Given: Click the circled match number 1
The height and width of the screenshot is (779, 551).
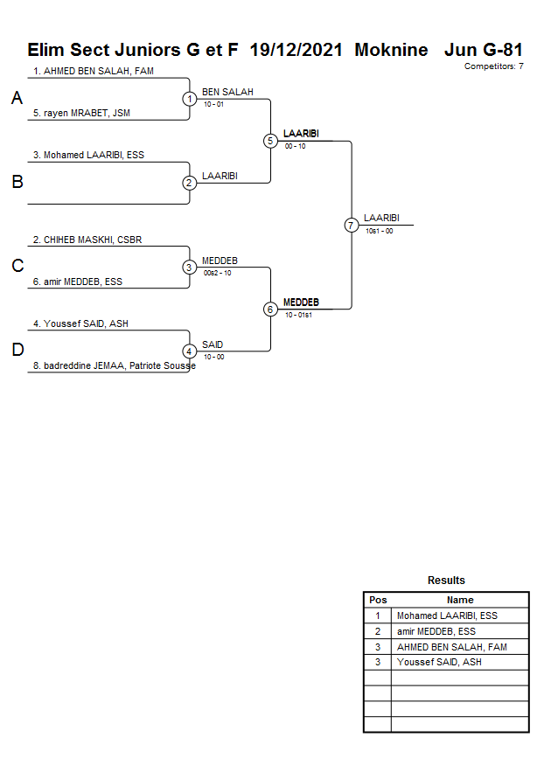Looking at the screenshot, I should (x=190, y=99).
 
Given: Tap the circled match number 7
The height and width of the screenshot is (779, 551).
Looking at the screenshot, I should (x=352, y=225).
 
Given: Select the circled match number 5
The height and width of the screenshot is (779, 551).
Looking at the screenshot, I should (x=270, y=141).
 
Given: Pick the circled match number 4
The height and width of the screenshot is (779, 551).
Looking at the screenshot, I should (x=190, y=351).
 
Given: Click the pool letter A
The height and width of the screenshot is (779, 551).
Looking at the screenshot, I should (x=17, y=99).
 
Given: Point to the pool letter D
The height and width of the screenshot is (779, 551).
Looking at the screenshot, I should (x=17, y=351).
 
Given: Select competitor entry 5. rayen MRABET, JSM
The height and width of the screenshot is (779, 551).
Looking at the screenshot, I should (x=81, y=113).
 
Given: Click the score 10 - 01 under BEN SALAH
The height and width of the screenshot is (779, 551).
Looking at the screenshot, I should (x=213, y=104).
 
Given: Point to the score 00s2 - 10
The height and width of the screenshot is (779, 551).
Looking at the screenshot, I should (x=217, y=273).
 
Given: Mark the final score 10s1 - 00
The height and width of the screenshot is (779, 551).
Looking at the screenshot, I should (x=379, y=231).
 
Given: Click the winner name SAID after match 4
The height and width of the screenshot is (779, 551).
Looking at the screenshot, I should (x=213, y=345).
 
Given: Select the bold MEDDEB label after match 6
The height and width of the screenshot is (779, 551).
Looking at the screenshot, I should (x=301, y=303).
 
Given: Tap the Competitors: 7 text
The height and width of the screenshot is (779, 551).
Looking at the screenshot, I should (x=493, y=66).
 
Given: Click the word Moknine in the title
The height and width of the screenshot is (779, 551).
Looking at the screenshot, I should (x=391, y=50).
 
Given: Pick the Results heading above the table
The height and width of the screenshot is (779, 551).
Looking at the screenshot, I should (x=446, y=581).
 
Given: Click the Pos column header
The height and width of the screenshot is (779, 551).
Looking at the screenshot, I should (x=378, y=601).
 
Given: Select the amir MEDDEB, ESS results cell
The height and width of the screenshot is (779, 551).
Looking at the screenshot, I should (x=436, y=631).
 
